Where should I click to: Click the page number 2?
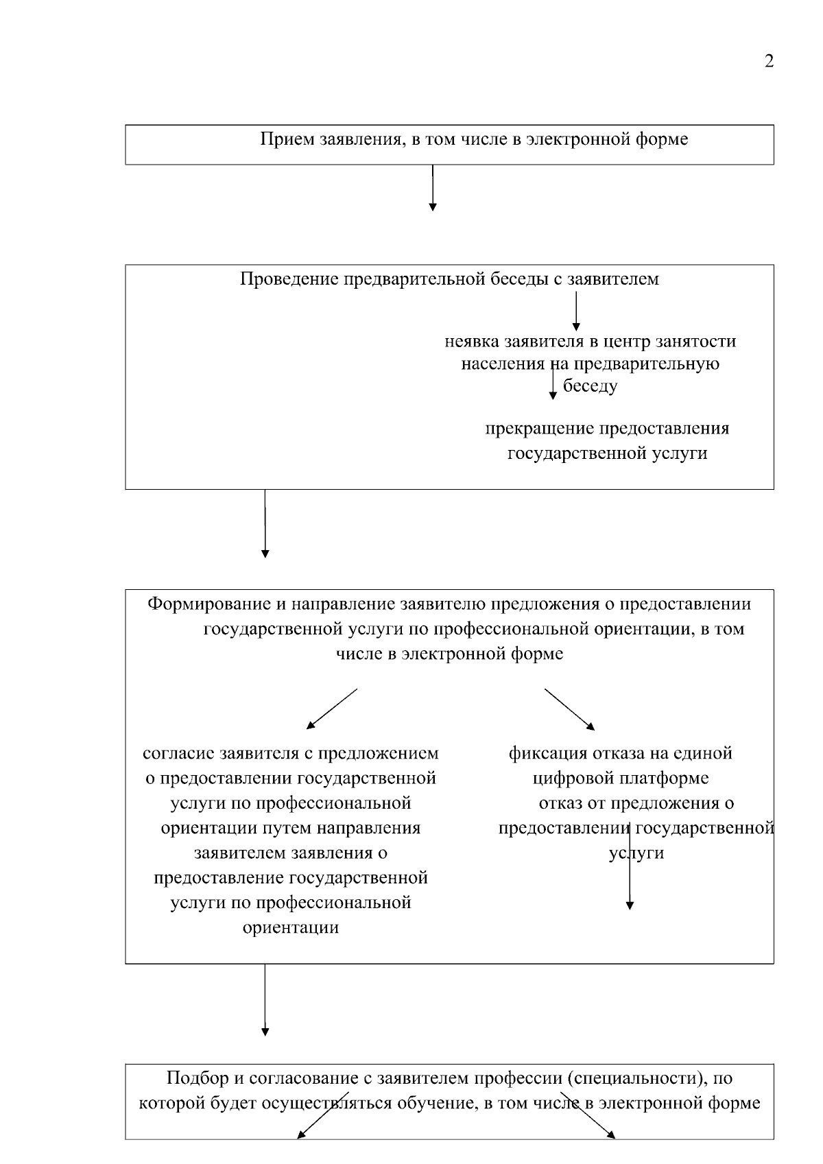pos(769,62)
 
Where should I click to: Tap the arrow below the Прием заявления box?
pos(432,189)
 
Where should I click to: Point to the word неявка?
pos(472,341)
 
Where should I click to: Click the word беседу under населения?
pos(590,386)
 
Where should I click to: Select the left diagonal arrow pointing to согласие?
pos(332,708)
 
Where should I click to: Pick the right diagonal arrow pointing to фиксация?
pos(569,709)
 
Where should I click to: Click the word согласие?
pos(178,754)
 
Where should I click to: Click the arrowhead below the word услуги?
pos(630,905)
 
